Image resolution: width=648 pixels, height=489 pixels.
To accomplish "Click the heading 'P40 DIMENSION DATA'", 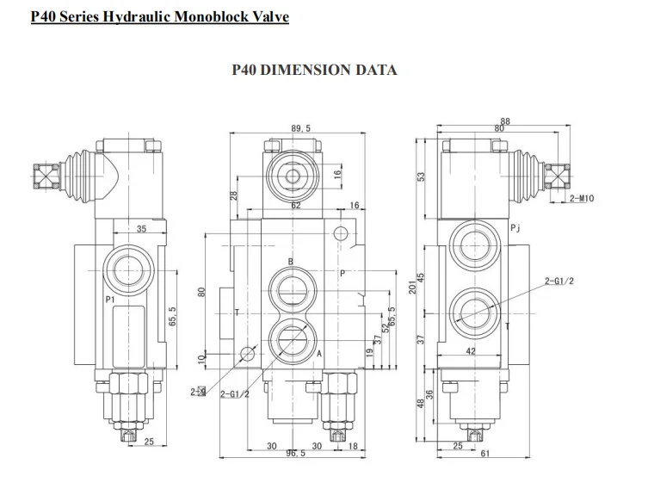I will click(x=314, y=70).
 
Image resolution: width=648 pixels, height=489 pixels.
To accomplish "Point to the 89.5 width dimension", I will click(x=300, y=128).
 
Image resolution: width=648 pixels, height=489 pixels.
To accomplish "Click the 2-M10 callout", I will click(x=582, y=199).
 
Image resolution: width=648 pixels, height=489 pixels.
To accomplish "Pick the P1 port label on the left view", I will click(x=110, y=299).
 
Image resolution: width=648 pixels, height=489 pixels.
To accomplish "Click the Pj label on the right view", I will click(x=515, y=228).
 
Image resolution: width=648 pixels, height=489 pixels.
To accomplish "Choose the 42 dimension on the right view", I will click(x=471, y=351).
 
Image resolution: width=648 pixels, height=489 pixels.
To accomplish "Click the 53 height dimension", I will click(x=422, y=176).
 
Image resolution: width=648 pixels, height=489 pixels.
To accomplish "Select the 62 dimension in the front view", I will click(x=295, y=207).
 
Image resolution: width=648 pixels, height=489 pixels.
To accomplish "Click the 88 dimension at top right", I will click(x=505, y=121).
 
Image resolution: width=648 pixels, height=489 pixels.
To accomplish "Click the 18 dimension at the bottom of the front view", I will click(x=353, y=446).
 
